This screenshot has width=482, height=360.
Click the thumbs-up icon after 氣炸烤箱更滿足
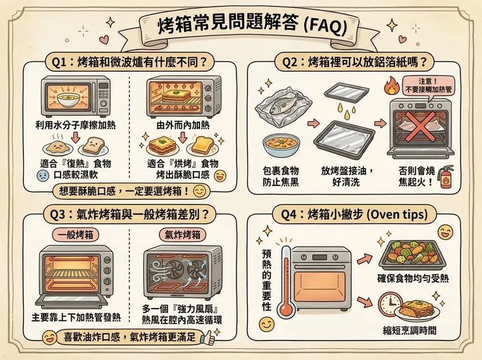coord(209,338)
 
